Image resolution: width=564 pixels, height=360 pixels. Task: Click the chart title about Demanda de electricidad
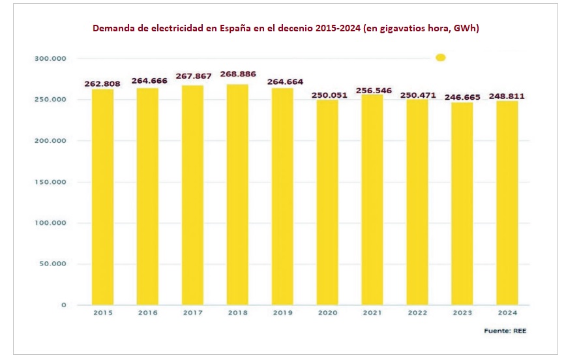click(x=286, y=29)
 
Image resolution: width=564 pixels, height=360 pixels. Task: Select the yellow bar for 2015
click(x=102, y=196)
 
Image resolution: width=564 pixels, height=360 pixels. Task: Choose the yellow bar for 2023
click(x=462, y=202)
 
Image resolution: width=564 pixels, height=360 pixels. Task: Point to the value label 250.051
click(x=327, y=94)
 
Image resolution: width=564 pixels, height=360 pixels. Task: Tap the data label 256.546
click(x=372, y=90)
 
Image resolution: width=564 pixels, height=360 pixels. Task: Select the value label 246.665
click(x=462, y=97)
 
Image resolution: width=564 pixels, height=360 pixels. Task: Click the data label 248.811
click(x=507, y=96)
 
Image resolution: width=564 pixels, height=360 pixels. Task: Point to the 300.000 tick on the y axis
click(x=50, y=59)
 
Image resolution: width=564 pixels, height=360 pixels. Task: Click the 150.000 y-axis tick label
click(x=50, y=182)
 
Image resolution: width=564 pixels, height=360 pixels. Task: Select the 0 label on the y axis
click(x=64, y=305)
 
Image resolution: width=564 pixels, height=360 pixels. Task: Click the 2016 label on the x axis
click(x=147, y=314)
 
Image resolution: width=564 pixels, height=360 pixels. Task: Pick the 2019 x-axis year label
click(x=282, y=314)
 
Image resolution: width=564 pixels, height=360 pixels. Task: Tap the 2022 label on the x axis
click(x=417, y=314)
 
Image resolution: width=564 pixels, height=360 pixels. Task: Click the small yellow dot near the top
click(x=440, y=58)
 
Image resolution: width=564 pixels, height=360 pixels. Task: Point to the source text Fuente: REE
click(x=505, y=331)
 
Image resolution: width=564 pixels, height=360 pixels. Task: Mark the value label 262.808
click(x=103, y=84)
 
